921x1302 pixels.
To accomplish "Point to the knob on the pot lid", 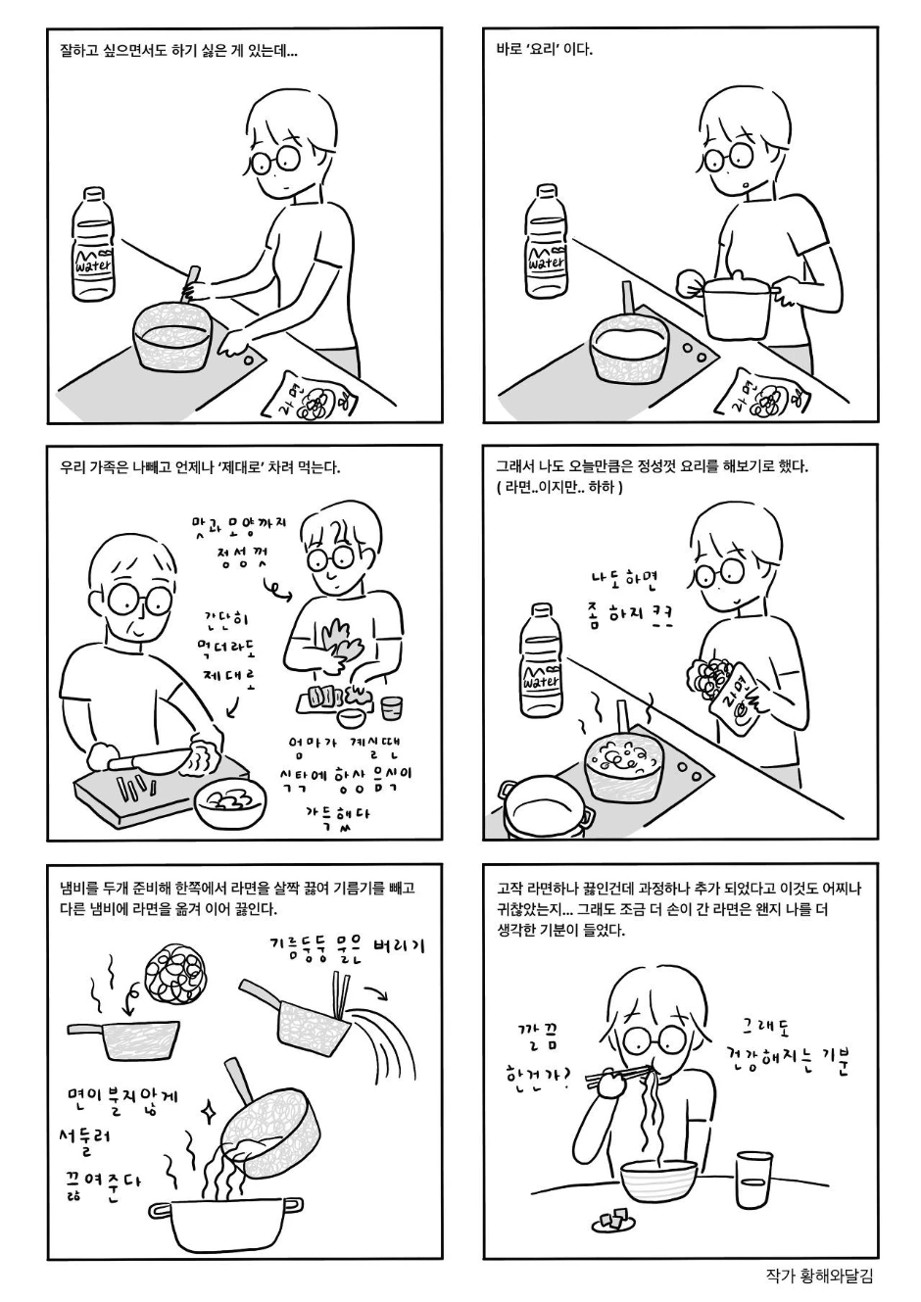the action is (x=737, y=274).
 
